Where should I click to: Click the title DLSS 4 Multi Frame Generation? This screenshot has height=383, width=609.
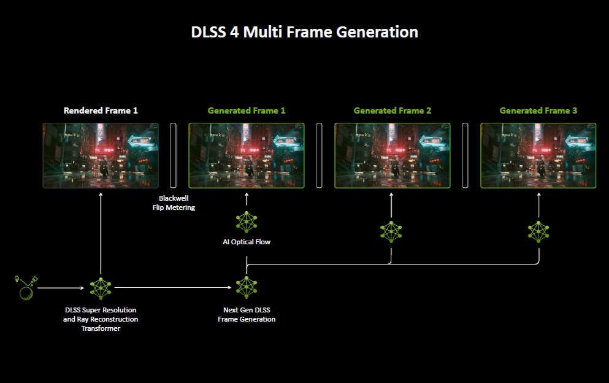[304, 32]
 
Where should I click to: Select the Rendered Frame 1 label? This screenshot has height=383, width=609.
[101, 110]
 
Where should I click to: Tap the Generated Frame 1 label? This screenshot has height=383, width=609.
[247, 110]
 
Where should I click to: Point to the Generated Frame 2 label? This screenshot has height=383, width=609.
[393, 110]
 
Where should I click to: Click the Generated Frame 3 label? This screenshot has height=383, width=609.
[538, 110]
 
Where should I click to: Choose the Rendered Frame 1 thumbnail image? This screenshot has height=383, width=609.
[101, 155]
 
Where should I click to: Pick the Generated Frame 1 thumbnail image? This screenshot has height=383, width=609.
[247, 155]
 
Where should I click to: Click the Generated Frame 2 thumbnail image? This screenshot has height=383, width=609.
[393, 155]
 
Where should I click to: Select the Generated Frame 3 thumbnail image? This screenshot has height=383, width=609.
[538, 155]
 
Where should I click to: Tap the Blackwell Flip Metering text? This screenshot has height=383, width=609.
[174, 203]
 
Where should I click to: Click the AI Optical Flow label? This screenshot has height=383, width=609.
[247, 242]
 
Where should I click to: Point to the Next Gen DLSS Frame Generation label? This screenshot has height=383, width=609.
[247, 315]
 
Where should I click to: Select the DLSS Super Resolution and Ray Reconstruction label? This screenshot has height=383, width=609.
[101, 319]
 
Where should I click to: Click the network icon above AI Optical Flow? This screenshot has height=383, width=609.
[247, 222]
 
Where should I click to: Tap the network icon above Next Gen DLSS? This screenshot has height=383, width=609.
[247, 287]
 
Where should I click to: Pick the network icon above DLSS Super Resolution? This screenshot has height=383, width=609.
[101, 287]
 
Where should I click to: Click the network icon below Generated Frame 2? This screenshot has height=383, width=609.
[391, 231]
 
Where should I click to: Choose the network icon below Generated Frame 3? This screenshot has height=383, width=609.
[538, 231]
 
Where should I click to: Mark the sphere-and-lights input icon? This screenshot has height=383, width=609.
[26, 287]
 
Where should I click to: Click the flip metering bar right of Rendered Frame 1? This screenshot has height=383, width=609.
[174, 155]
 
